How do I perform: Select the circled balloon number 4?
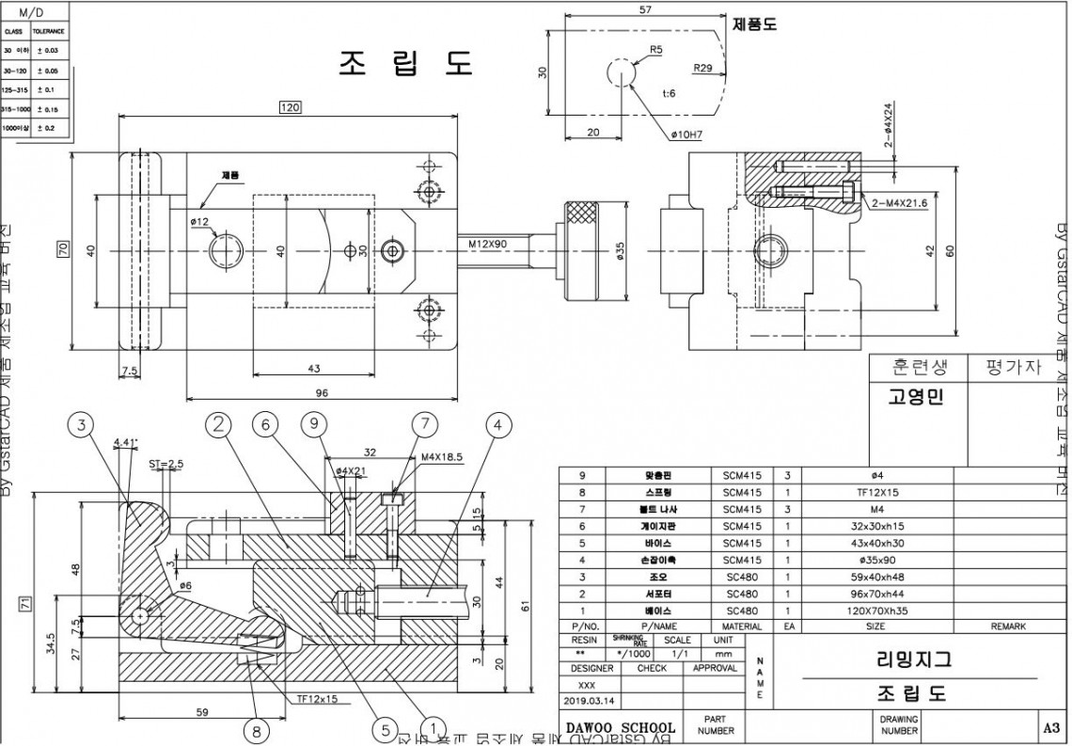click(x=498, y=426)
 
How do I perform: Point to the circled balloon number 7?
click(x=424, y=426)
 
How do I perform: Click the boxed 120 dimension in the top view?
click(x=290, y=108)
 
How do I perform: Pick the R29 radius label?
click(x=702, y=69)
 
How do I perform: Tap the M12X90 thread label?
click(x=488, y=244)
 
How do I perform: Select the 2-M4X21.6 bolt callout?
click(x=900, y=203)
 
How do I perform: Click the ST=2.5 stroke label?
click(x=166, y=464)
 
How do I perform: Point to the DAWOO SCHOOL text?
click(x=621, y=727)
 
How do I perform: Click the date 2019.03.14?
click(x=587, y=700)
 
